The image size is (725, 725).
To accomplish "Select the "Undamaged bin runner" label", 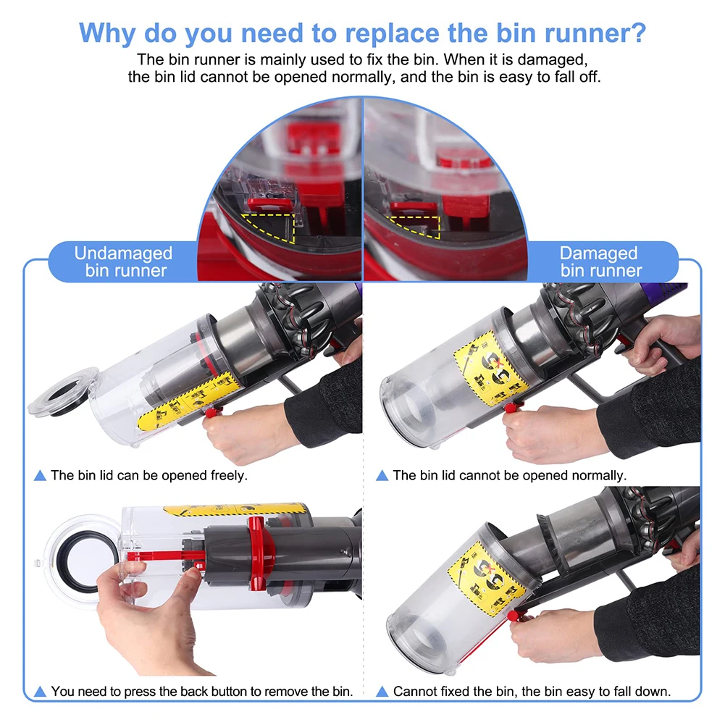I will [x=124, y=262].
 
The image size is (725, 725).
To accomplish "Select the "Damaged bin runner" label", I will [x=600, y=262].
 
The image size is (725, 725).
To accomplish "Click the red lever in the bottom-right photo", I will [x=515, y=616].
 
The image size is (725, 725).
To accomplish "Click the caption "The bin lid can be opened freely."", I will [x=148, y=476].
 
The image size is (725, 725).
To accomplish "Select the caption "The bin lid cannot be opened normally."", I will [x=509, y=476].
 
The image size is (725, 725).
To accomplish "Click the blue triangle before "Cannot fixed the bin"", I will [x=382, y=692].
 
